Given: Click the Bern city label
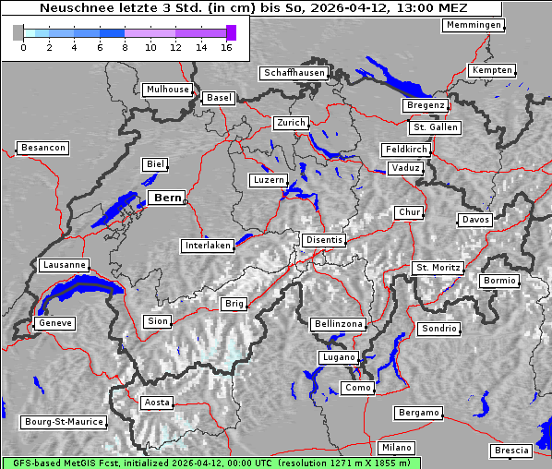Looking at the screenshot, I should click(x=167, y=198).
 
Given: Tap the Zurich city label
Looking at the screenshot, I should click(x=291, y=123).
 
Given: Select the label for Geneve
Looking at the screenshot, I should click(x=54, y=323).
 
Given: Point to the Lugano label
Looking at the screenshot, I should click(x=339, y=357).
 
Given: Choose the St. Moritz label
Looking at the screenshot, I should click(x=437, y=268).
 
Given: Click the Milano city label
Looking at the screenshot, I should click(x=397, y=448).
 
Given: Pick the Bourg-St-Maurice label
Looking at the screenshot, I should click(x=63, y=422).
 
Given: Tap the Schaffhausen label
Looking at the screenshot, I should click(x=294, y=72).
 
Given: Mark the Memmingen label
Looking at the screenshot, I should click(x=473, y=25).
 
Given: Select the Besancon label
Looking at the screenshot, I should click(x=42, y=148).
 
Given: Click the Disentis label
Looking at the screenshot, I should click(x=323, y=240).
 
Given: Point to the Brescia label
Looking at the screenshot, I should click(x=511, y=451).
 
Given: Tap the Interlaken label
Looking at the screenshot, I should click(x=207, y=246).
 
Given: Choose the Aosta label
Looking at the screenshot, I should click(x=157, y=403).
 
